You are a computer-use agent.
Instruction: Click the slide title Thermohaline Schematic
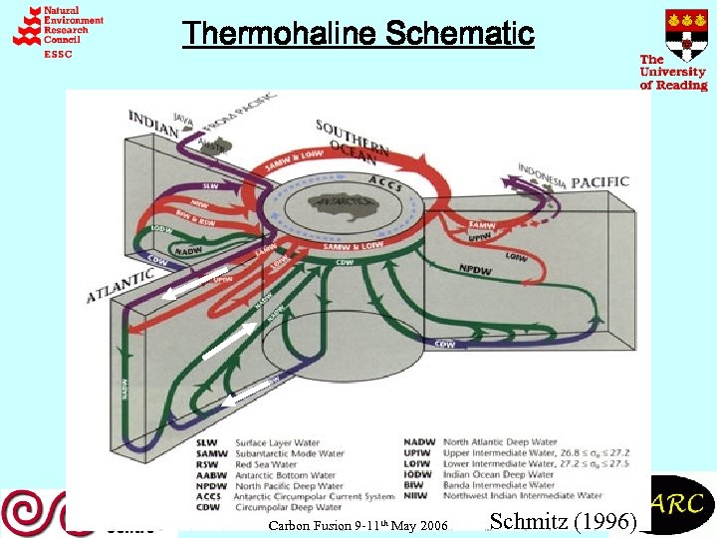[358, 34]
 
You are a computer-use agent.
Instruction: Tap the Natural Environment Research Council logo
[58, 30]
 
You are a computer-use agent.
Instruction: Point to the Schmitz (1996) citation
[564, 520]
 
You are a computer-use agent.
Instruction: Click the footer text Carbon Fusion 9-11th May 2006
[358, 525]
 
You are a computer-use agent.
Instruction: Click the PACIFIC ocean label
[599, 182]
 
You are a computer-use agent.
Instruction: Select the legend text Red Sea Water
[265, 463]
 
